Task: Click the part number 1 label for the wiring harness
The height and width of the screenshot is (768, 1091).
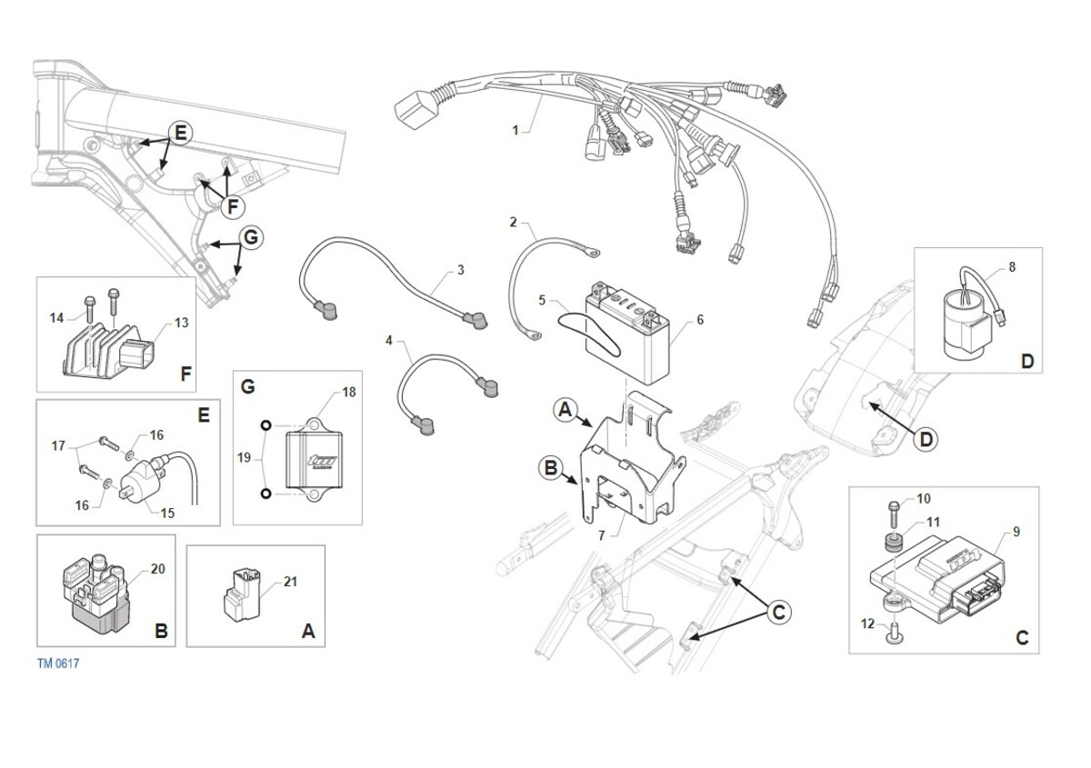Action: pyautogui.click(x=515, y=130)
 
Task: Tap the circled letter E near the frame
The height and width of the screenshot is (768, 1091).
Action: pyautogui.click(x=180, y=133)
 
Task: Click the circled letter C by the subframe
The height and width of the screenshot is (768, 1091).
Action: pyautogui.click(x=777, y=613)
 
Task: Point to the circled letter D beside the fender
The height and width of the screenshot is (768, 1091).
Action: pyautogui.click(x=925, y=440)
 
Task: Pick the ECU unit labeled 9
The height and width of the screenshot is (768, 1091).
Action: pyautogui.click(x=936, y=573)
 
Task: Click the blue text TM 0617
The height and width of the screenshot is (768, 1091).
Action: pyautogui.click(x=58, y=663)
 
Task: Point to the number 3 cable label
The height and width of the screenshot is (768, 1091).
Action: pyautogui.click(x=461, y=270)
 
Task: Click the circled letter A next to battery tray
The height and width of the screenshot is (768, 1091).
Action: pyautogui.click(x=564, y=411)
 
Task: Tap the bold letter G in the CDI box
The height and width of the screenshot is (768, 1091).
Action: pyautogui.click(x=247, y=386)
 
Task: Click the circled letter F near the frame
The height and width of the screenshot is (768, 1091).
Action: pyautogui.click(x=233, y=207)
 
